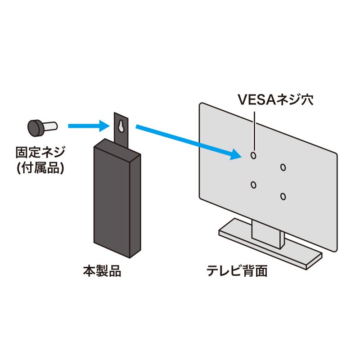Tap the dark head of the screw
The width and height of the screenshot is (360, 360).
(35, 127)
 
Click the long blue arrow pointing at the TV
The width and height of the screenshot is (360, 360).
(189, 143)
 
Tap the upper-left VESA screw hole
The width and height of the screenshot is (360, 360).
(253, 155)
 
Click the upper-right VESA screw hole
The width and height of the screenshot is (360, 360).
(283, 167)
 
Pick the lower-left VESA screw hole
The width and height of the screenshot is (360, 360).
(253, 184)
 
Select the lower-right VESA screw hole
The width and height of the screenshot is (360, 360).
(283, 197)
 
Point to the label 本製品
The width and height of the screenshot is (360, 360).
(102, 271)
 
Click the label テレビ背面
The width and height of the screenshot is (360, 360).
(237, 271)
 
